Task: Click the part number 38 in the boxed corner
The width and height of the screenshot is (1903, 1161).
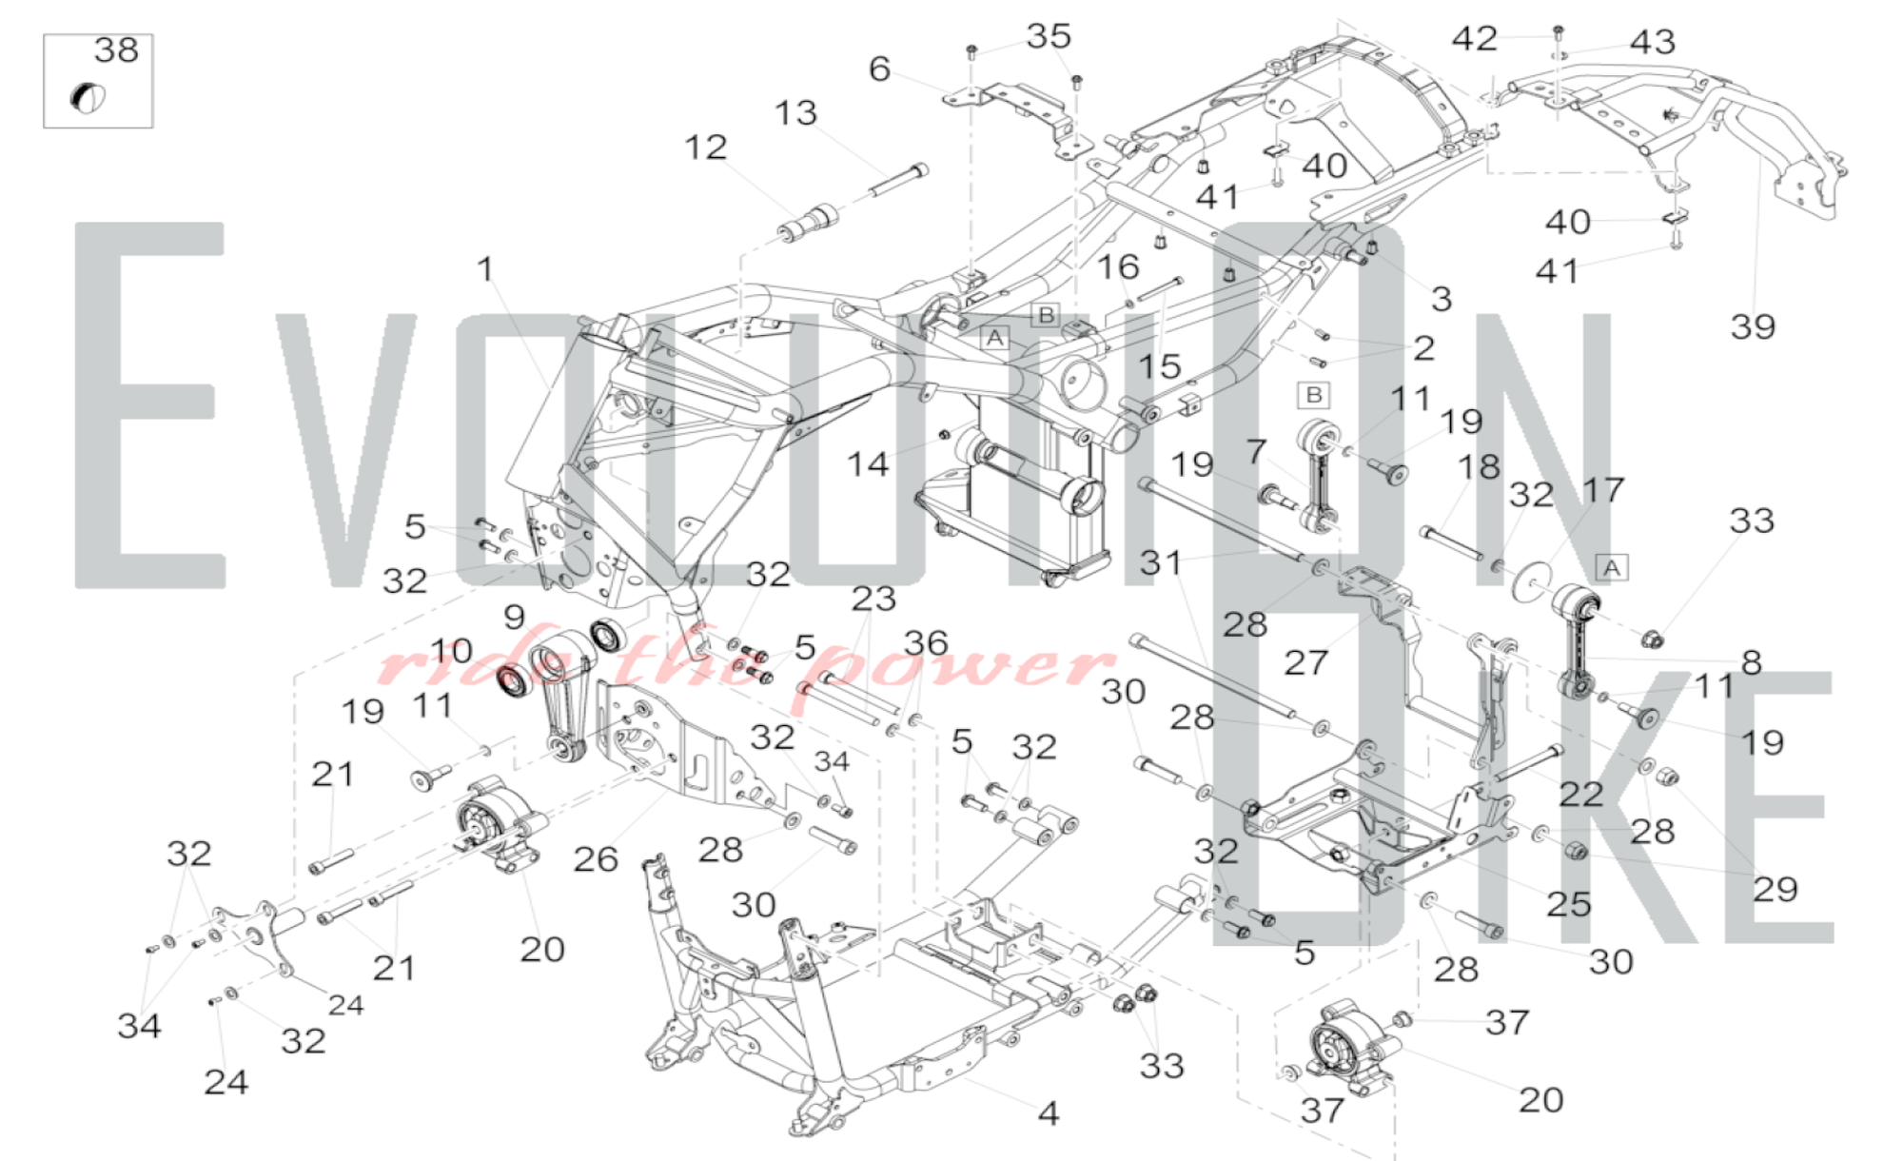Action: pyautogui.click(x=116, y=49)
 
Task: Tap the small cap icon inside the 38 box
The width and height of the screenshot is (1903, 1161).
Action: pyautogui.click(x=88, y=97)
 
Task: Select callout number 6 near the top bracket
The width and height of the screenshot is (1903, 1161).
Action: pyautogui.click(x=879, y=69)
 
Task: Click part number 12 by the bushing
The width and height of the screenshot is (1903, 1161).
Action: pyautogui.click(x=706, y=147)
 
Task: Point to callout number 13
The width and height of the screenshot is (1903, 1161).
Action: pyautogui.click(x=795, y=112)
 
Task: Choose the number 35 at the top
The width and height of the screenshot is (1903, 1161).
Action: pyautogui.click(x=1049, y=36)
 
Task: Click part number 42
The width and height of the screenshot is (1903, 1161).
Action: pyautogui.click(x=1475, y=38)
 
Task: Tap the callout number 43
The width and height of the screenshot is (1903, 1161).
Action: pyautogui.click(x=1653, y=42)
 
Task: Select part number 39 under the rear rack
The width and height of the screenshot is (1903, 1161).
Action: pyautogui.click(x=1753, y=326)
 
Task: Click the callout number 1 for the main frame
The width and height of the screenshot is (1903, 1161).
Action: pyautogui.click(x=485, y=268)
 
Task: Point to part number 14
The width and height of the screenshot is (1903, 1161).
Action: pyautogui.click(x=868, y=463)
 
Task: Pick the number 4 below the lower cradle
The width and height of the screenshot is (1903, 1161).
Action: pyautogui.click(x=1048, y=1112)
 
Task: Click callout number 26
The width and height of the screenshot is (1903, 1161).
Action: pyautogui.click(x=596, y=858)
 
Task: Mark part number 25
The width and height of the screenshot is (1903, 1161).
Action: pyautogui.click(x=1568, y=903)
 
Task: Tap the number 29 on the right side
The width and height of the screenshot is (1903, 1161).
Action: pyautogui.click(x=1775, y=889)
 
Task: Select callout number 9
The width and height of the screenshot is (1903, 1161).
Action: pyautogui.click(x=514, y=617)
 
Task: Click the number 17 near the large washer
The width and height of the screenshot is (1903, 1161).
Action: pyautogui.click(x=1603, y=489)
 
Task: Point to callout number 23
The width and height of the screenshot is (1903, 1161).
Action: pyautogui.click(x=873, y=598)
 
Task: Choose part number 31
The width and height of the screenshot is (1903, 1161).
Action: pyautogui.click(x=1161, y=562)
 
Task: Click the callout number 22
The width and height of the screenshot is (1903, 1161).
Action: pyautogui.click(x=1581, y=794)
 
